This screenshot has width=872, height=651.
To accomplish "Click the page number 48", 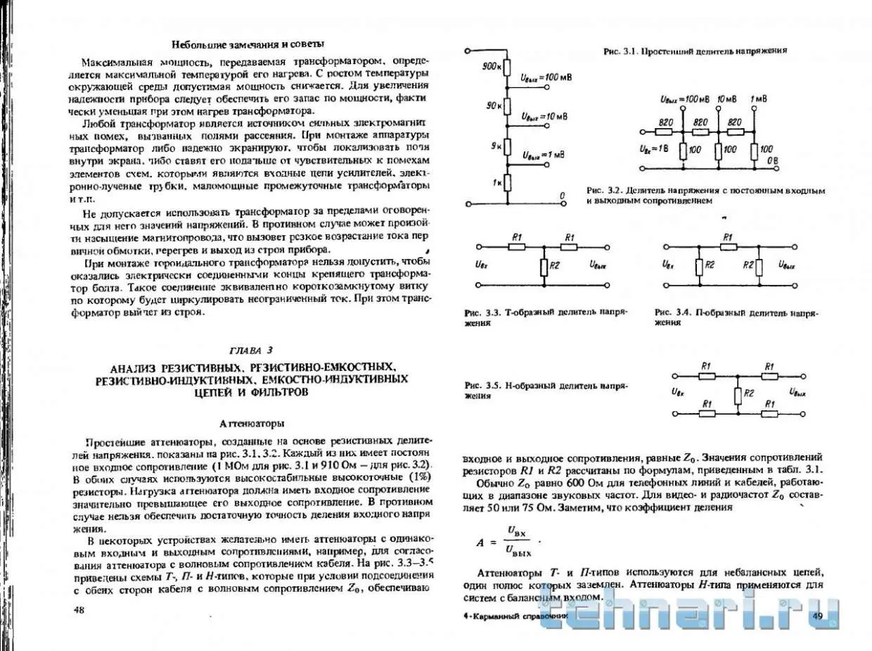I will (x=78, y=610).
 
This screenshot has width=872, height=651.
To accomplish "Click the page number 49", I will (x=817, y=617).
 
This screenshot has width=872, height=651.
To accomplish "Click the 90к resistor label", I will (x=494, y=106).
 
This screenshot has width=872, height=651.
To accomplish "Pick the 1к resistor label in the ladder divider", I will (x=496, y=183).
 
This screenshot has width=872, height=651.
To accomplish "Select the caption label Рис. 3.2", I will (x=603, y=191).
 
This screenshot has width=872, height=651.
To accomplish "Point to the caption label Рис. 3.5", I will (x=482, y=386).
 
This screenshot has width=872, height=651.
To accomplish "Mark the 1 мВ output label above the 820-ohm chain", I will (x=759, y=97).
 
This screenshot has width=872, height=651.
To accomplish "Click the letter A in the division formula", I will (x=480, y=542).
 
